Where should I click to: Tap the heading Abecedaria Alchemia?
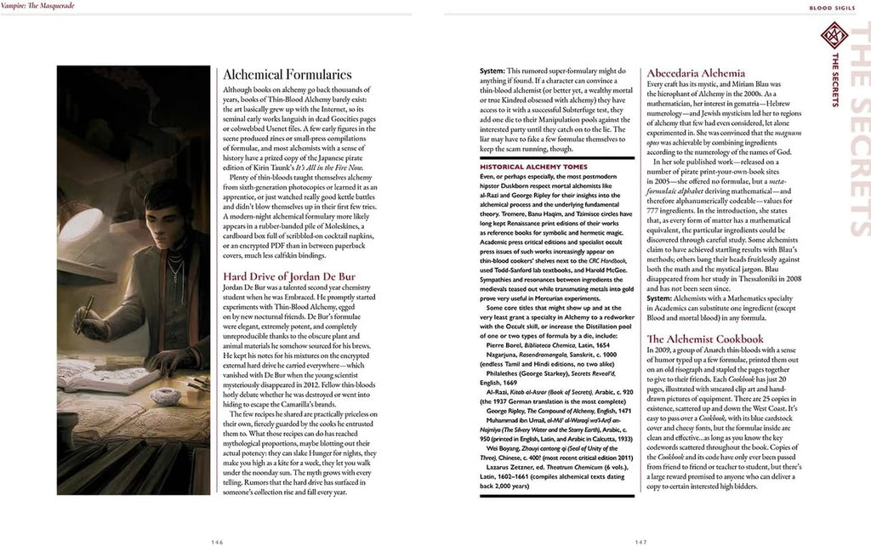696,74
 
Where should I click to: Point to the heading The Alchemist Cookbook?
704,338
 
